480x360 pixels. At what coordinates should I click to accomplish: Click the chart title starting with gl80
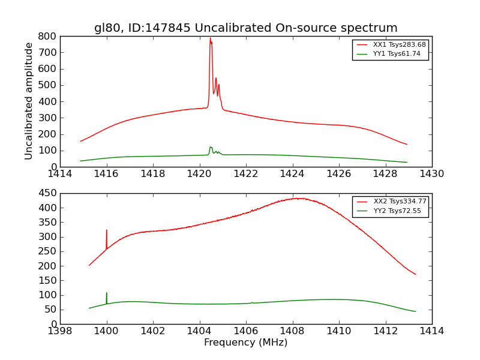click(245, 28)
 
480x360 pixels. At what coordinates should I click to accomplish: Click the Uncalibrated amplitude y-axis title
click(29, 101)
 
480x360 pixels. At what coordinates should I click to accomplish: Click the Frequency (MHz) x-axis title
click(245, 343)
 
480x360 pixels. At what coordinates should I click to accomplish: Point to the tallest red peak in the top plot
click(210, 39)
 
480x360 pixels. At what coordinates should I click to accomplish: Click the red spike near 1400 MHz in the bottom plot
click(107, 230)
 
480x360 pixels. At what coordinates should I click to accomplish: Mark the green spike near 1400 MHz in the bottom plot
click(107, 293)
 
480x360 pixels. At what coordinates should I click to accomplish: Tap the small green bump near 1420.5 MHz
click(211, 148)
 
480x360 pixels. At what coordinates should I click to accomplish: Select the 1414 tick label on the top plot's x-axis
click(60, 174)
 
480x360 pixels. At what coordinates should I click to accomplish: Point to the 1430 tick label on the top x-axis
click(431, 174)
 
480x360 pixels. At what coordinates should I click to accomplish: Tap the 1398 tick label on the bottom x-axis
click(60, 331)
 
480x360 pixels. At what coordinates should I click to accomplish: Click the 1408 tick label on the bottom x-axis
click(292, 331)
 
